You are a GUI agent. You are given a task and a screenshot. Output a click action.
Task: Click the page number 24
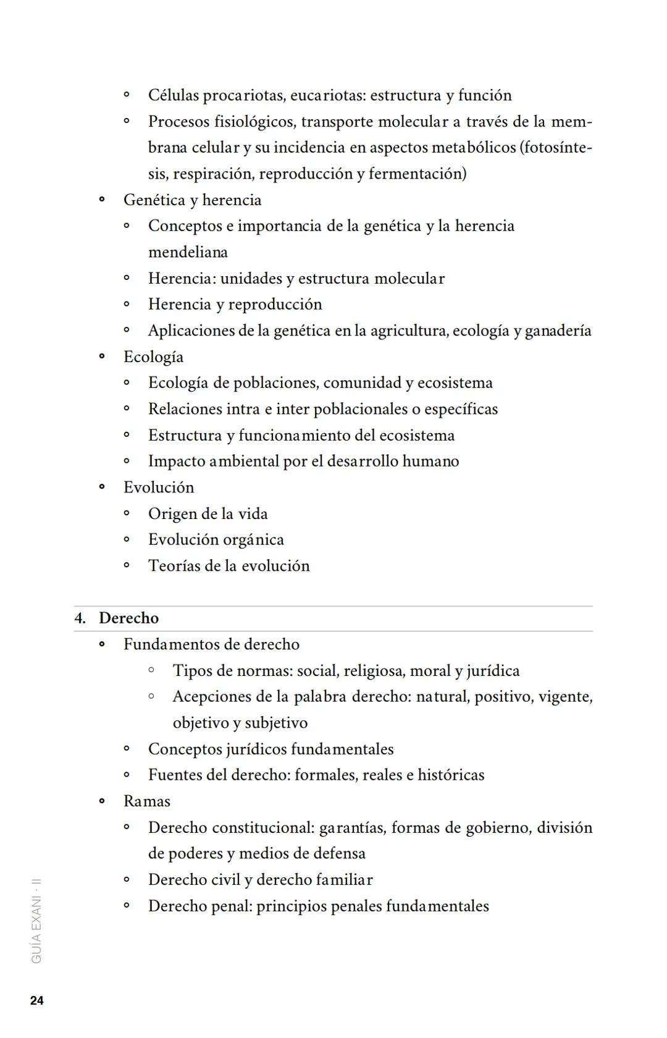pos(36,1001)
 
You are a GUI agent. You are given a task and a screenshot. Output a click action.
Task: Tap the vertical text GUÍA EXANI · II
pos(36,921)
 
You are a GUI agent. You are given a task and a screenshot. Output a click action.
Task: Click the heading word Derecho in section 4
pos(128,618)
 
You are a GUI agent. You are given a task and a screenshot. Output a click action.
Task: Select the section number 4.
pos(79,618)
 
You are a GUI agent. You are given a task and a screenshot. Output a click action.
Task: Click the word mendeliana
pos(188,252)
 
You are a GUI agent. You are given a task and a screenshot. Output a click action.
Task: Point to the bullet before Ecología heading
pos(102,357)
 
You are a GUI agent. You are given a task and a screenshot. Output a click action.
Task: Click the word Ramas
pos(147,801)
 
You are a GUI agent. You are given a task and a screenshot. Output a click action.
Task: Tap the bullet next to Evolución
pos(102,487)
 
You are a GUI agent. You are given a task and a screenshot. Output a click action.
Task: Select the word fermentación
pos(417,174)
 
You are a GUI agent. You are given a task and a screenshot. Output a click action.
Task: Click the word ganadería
pos(558,331)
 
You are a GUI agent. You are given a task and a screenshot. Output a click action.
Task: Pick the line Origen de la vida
pos(208,513)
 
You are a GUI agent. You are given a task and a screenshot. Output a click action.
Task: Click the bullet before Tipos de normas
pos(151,670)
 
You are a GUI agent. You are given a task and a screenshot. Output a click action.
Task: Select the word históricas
pos(451,775)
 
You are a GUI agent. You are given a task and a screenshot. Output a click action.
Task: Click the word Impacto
pos(176,461)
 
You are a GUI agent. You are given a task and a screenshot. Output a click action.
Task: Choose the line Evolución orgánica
pos(216,539)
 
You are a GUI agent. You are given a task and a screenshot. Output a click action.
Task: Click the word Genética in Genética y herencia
pos(154,200)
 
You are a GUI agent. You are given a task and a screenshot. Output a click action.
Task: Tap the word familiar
pos(344,879)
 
